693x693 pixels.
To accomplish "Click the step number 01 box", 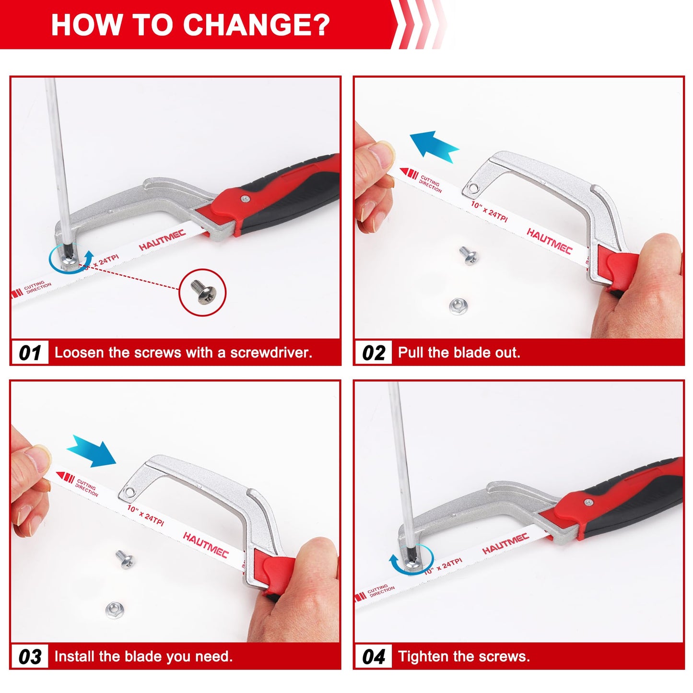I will [30, 353].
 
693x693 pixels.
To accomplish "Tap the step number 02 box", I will [373, 353].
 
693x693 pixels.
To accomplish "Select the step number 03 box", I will [30, 657].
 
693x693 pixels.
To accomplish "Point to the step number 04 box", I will [373, 657].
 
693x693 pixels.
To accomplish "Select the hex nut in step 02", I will [458, 305].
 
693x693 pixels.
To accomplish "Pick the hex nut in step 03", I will [114, 610].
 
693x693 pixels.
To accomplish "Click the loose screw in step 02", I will [468, 255].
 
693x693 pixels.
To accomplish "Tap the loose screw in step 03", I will [125, 559].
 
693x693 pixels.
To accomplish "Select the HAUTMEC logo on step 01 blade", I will [162, 240].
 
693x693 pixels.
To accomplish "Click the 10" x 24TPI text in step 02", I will [489, 211].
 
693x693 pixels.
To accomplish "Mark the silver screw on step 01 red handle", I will [246, 198].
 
